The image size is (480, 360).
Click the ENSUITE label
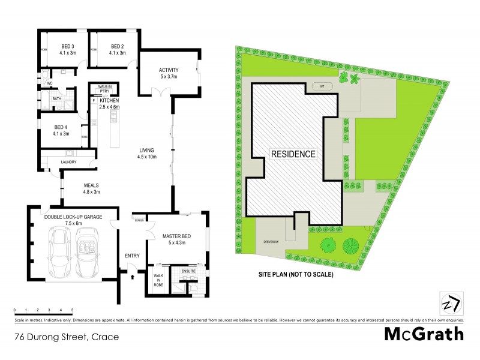coord(189,271)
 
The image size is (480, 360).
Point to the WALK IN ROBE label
coord(158,280)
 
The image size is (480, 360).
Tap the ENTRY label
coord(132,256)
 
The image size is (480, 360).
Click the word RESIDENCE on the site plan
coord(293,154)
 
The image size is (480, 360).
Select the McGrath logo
coord(424,334)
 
